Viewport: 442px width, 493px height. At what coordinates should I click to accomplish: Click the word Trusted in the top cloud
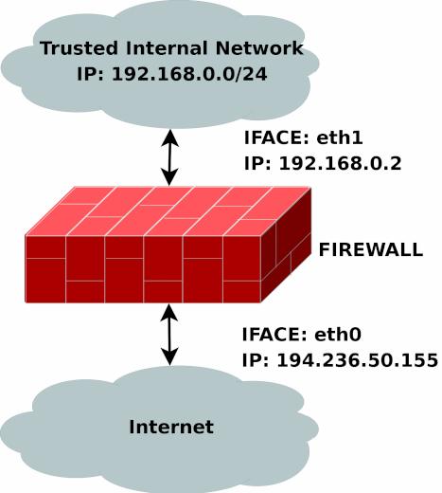point(79,48)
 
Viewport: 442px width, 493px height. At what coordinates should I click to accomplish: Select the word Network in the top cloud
point(259,48)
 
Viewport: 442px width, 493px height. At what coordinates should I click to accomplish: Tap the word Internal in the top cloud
point(167,48)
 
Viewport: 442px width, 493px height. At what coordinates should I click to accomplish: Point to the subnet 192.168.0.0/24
point(189,74)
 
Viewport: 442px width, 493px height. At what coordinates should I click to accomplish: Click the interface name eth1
point(340,137)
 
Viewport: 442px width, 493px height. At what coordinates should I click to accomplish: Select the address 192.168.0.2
point(341,164)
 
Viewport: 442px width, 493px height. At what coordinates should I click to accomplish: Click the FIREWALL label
point(371,249)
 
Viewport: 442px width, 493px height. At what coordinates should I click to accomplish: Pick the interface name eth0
point(338,335)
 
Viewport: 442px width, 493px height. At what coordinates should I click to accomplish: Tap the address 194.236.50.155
point(358,360)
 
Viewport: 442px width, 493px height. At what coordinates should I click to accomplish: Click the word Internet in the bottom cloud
point(171,427)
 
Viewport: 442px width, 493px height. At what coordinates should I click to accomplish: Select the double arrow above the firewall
point(169,157)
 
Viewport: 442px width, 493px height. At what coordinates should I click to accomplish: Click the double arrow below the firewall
point(169,335)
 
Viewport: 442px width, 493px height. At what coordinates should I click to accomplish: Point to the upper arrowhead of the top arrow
point(170,137)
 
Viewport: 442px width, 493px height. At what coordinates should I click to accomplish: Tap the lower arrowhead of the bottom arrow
point(169,356)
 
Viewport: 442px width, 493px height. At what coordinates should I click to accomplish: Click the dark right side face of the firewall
point(286,245)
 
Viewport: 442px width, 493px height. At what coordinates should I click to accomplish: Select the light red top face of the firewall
point(168,211)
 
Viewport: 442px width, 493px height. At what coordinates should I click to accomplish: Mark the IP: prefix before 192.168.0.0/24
point(90,74)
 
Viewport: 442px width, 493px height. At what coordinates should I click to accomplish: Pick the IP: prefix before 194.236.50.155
point(256,360)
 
